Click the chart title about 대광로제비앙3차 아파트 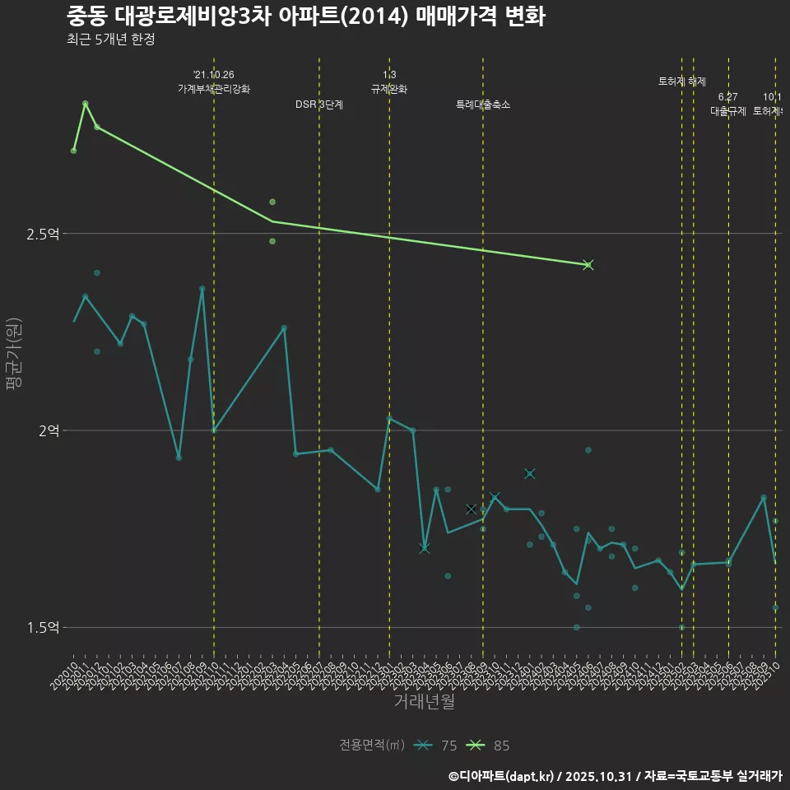(305, 16)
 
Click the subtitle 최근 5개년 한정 (110, 39)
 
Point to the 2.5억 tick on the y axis (42, 235)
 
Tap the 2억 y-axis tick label (47, 431)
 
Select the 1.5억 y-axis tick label (42, 628)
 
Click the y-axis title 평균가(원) (15, 355)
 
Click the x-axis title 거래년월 (424, 701)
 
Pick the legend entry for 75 (436, 746)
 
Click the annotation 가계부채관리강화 (214, 89)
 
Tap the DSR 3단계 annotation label (319, 105)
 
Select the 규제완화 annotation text (389, 89)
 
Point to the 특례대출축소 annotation (483, 105)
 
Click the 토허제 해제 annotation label (682, 81)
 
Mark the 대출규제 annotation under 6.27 (728, 111)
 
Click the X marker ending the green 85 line (588, 265)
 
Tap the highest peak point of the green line (86, 104)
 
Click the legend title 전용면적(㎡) (372, 746)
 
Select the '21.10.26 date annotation (214, 75)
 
